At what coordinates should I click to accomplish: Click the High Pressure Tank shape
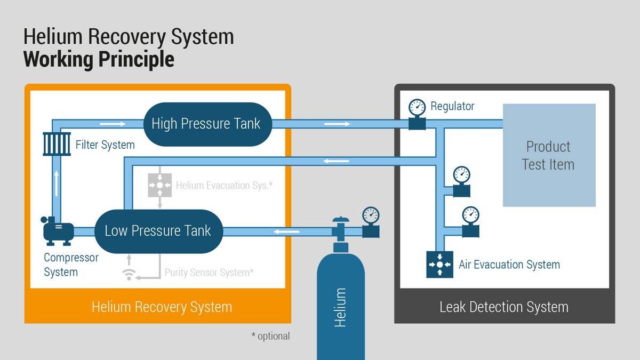click(206, 124)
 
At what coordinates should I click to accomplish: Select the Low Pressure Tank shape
click(158, 231)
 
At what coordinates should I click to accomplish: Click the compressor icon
click(58, 231)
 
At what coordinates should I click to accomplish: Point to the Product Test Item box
click(549, 155)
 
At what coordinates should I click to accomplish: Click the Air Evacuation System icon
click(439, 264)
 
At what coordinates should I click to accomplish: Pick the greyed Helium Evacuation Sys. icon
click(159, 185)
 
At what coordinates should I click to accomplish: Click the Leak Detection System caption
click(504, 307)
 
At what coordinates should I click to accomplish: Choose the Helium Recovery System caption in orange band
click(162, 307)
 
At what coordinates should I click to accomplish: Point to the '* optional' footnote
click(270, 336)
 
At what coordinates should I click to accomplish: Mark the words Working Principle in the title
click(99, 59)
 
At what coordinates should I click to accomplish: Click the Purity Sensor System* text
click(209, 272)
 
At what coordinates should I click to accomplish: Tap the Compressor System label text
click(71, 265)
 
